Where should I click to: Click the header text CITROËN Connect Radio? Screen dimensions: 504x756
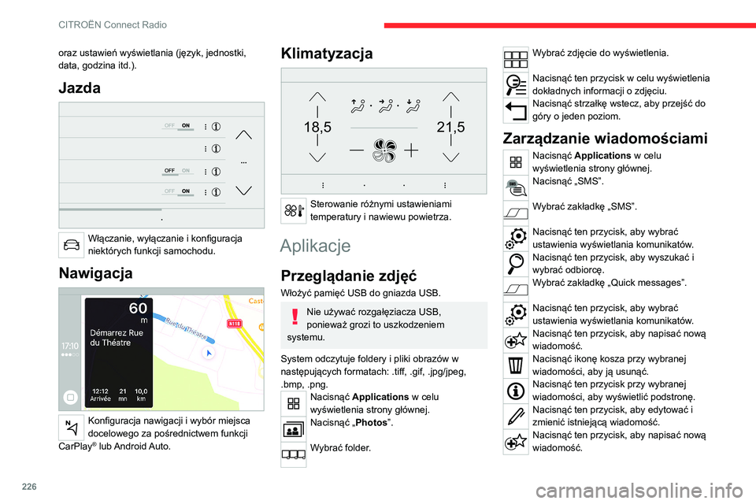(x=113, y=25)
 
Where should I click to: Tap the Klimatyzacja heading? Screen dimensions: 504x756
(x=327, y=54)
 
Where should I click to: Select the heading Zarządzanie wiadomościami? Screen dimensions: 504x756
(x=606, y=138)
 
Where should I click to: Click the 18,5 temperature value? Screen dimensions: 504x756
(x=317, y=126)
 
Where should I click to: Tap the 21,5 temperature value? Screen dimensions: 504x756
(x=450, y=126)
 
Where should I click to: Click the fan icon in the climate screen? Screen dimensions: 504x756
(x=383, y=149)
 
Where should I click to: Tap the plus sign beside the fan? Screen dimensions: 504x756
(x=411, y=149)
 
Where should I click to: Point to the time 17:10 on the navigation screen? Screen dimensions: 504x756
(x=69, y=346)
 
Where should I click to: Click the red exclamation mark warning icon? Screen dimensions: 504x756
(x=292, y=316)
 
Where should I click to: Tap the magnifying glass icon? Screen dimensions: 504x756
(x=515, y=263)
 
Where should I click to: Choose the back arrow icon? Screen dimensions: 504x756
(x=515, y=109)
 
